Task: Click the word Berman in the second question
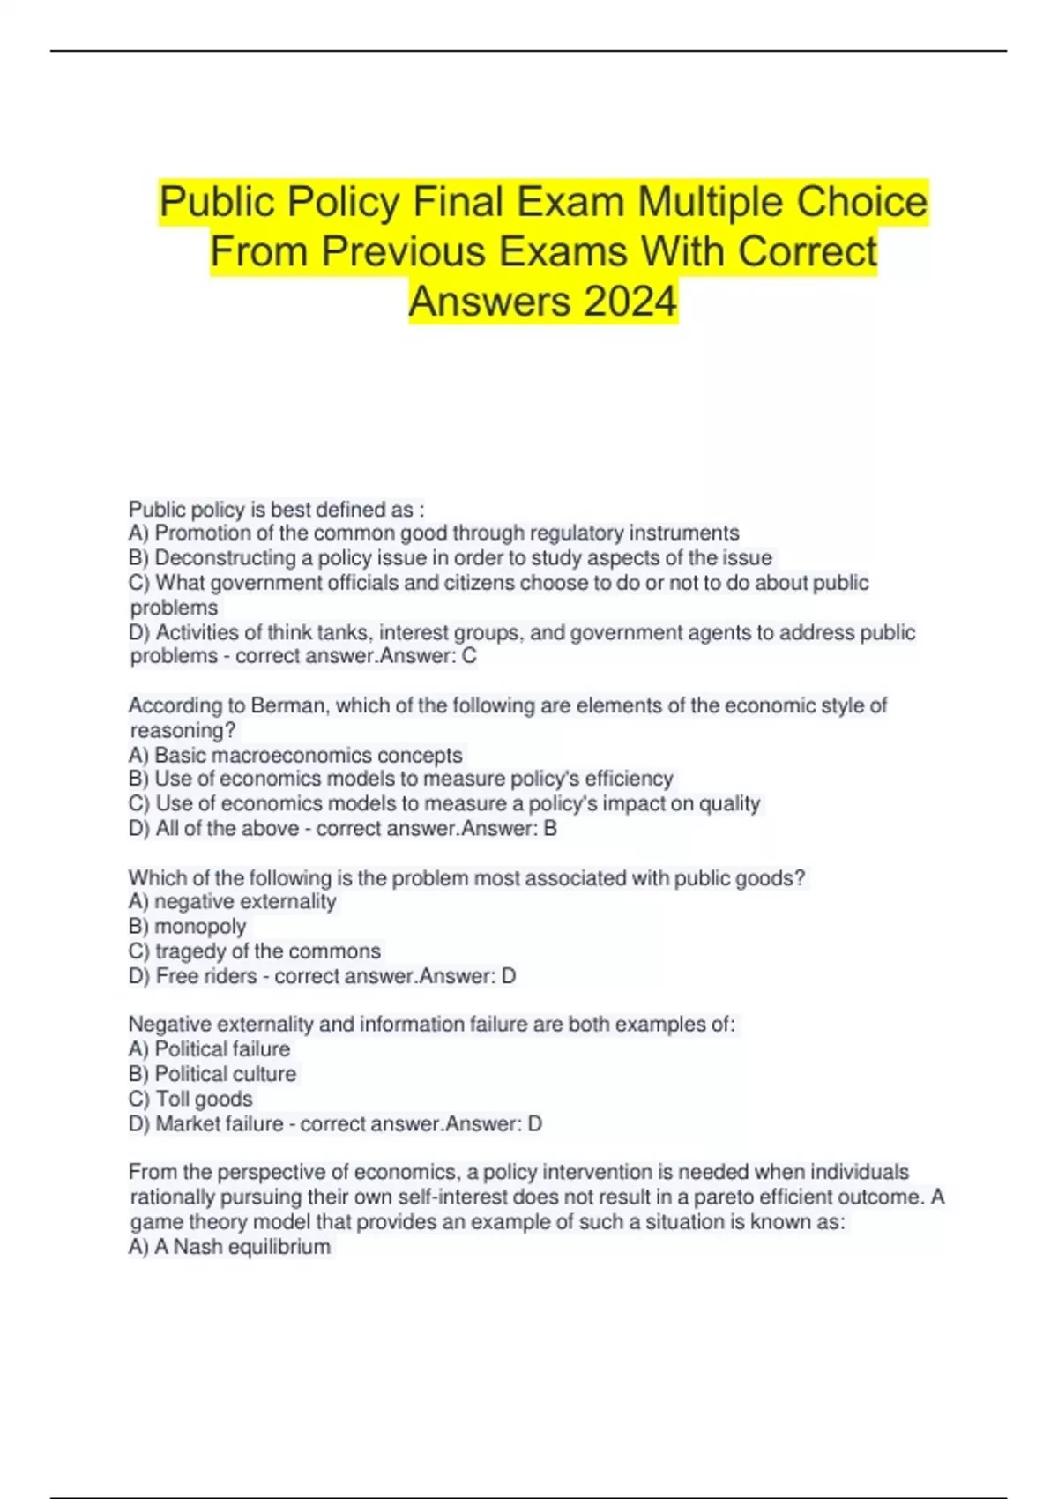click(287, 705)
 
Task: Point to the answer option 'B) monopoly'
click(188, 927)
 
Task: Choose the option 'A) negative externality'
click(233, 902)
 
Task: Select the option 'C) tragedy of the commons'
click(255, 951)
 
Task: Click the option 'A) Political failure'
click(209, 1049)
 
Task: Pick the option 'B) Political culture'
click(212, 1074)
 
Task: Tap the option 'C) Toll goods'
click(190, 1099)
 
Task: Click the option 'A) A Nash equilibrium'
click(230, 1247)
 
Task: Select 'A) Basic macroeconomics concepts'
click(295, 755)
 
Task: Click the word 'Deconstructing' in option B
click(225, 558)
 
